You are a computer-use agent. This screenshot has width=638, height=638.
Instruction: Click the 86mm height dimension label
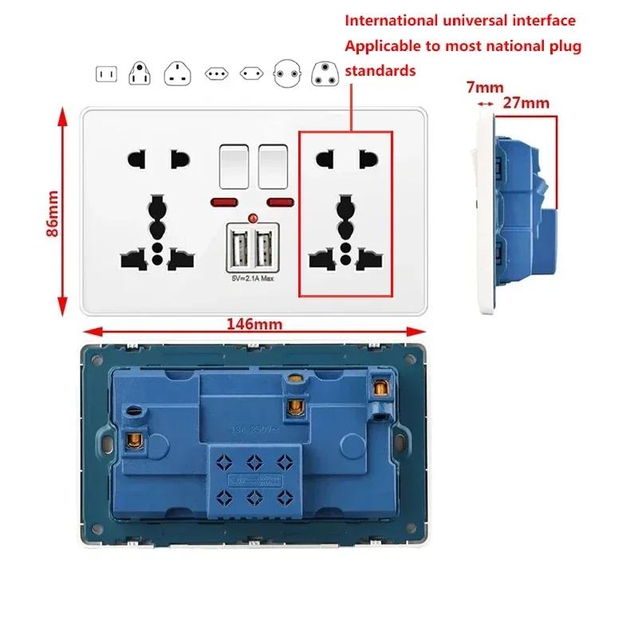[x=53, y=214]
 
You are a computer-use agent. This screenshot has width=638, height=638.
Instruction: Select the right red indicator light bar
[x=281, y=200]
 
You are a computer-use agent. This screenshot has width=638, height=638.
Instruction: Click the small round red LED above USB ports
[x=252, y=218]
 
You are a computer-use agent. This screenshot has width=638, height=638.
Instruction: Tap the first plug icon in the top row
[x=105, y=75]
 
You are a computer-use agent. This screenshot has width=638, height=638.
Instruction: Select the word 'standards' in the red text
[x=380, y=71]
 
